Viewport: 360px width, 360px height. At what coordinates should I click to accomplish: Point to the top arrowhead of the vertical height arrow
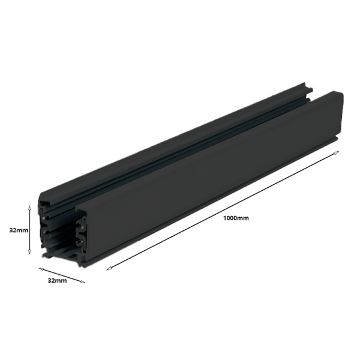pos(29,205)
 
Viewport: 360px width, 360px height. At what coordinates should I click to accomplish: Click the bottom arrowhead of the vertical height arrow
pos(29,255)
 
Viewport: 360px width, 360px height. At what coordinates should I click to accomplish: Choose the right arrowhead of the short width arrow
pos(83,281)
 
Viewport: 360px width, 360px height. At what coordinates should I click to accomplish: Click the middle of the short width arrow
pos(62,275)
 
